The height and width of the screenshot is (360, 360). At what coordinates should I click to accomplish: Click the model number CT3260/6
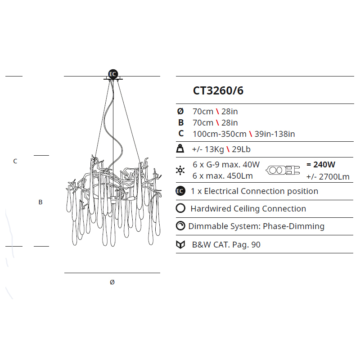(218, 90)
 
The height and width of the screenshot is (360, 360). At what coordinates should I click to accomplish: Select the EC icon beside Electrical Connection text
(180, 191)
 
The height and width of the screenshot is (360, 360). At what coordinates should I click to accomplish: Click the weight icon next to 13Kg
(180, 149)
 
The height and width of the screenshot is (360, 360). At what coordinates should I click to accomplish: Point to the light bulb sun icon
(180, 170)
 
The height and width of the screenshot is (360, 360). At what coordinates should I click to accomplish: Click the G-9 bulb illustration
(283, 170)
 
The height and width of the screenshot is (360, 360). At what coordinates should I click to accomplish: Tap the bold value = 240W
(321, 165)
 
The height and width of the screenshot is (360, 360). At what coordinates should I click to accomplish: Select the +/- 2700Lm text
(328, 176)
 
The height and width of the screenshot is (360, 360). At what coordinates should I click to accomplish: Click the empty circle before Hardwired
(180, 208)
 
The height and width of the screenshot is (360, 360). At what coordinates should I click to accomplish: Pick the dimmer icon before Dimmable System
(180, 226)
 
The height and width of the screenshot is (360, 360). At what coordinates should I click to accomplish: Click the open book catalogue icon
(180, 245)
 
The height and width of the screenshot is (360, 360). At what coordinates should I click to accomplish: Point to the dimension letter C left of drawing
(15, 161)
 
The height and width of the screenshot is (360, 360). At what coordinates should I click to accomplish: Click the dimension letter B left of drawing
(40, 202)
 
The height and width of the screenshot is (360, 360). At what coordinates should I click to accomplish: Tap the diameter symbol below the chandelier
(112, 282)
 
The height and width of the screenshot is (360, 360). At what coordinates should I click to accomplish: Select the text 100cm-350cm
(220, 134)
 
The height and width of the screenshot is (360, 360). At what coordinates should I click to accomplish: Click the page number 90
(256, 245)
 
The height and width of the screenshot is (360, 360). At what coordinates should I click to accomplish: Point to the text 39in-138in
(274, 134)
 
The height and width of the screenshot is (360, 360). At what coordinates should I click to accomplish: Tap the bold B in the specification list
(180, 122)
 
